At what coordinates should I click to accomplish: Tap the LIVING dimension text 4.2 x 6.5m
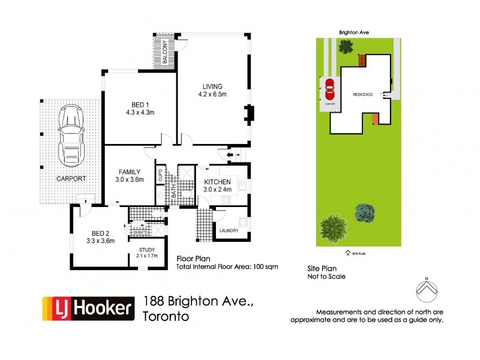coord(212,94)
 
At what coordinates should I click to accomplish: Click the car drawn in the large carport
coord(70,137)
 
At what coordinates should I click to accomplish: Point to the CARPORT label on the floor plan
coord(71,179)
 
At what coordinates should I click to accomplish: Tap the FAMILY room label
coord(130,171)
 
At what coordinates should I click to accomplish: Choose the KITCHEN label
coord(217,182)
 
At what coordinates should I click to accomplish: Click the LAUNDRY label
coord(229,230)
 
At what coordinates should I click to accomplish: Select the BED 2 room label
coord(100,233)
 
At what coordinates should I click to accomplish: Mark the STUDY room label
coord(147,250)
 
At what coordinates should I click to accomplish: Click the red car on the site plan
coord(329,91)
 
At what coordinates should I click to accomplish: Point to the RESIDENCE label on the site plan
coord(362,95)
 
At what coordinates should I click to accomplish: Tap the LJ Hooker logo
coord(88,308)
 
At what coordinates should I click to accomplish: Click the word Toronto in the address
coord(166,316)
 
